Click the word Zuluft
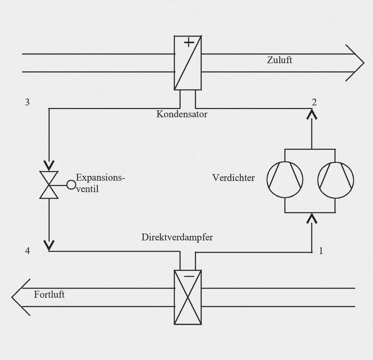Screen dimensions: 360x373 [x=279, y=60]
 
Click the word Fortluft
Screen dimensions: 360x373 [x=49, y=295]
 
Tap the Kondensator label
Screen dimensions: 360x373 [x=182, y=114]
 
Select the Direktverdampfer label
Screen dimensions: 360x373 [x=177, y=237]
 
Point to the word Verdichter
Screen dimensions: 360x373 [x=233, y=178]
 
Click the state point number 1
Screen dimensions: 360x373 [x=321, y=251]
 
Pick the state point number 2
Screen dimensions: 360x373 [x=314, y=102]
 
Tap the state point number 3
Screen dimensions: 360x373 [x=27, y=102]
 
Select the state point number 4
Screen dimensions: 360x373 [x=27, y=250]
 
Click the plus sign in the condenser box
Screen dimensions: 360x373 [x=189, y=43]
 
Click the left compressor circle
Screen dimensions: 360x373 [x=285, y=180]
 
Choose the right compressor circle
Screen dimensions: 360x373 [x=336, y=180]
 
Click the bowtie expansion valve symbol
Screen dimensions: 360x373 [x=49, y=185]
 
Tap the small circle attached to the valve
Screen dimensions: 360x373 [x=71, y=185]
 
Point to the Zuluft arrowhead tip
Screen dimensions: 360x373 [x=363, y=63]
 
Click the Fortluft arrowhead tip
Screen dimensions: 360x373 [x=13, y=297]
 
